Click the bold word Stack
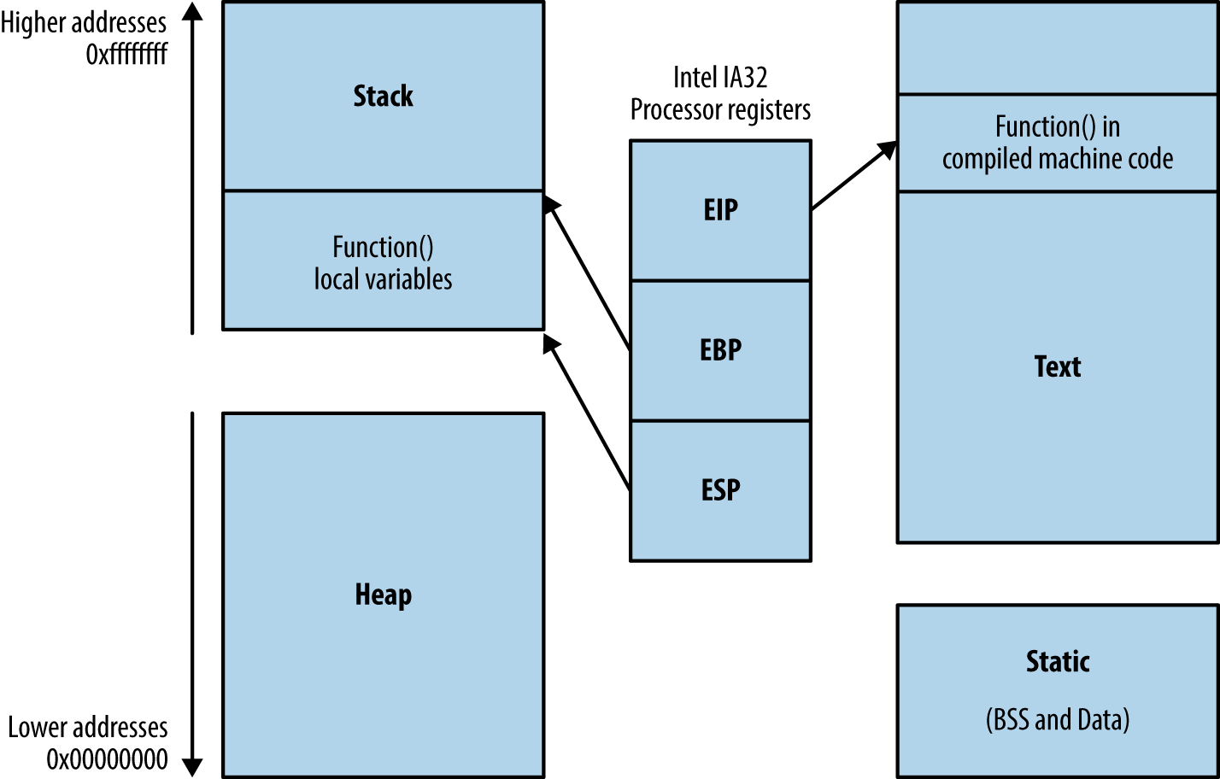point(383,96)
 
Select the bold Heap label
point(383,594)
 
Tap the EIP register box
point(720,210)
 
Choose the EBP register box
point(720,350)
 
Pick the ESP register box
point(720,490)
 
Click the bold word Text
point(1057,366)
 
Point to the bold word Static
point(1057,661)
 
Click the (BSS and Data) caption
point(1057,720)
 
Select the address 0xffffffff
point(126,55)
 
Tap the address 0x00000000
point(107,759)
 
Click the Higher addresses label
point(84,23)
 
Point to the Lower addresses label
point(88,728)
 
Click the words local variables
point(383,279)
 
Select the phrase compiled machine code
point(1057,159)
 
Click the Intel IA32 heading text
point(720,78)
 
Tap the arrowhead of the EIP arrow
point(889,150)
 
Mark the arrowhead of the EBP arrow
point(551,203)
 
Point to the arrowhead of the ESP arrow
point(551,343)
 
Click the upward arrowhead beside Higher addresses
point(193,11)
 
